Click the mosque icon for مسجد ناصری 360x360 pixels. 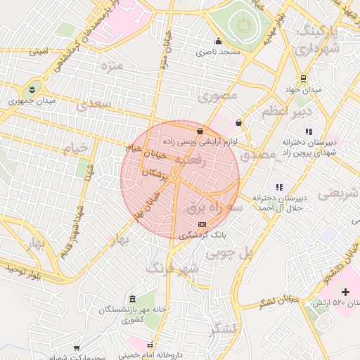[x=219, y=41]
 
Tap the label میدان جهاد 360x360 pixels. [x=302, y=90]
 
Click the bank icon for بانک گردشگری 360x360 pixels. [x=202, y=224]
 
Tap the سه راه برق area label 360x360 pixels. [x=215, y=208]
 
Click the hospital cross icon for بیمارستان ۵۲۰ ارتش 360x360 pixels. [x=345, y=292]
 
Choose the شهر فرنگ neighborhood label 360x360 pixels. [x=172, y=268]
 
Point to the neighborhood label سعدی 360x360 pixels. [x=95, y=105]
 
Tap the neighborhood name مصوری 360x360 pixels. [x=218, y=95]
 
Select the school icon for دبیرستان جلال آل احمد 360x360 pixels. [x=279, y=187]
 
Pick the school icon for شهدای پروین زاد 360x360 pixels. [x=308, y=131]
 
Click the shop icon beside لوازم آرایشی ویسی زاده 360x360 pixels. [x=200, y=130]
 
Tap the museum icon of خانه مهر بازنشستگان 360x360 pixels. [x=133, y=300]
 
